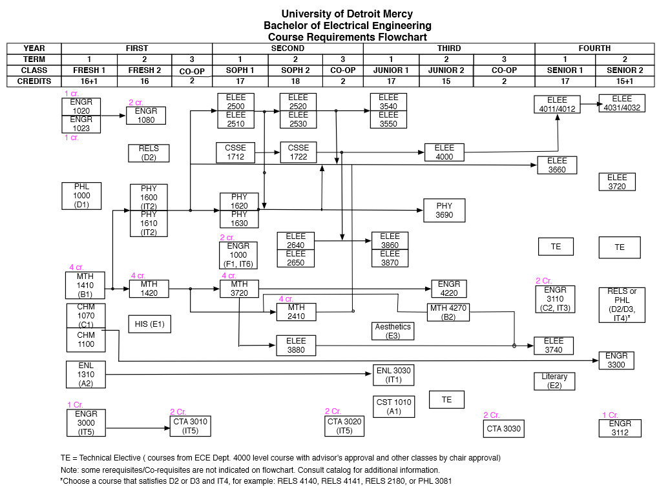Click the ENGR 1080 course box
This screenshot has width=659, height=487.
(x=146, y=116)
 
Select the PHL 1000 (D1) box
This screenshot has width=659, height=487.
(x=81, y=196)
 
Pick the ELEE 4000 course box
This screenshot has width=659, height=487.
(x=445, y=152)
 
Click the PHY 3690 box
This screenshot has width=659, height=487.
(x=444, y=211)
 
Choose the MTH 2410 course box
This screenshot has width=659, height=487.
(x=296, y=312)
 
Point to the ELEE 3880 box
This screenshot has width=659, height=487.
(x=296, y=345)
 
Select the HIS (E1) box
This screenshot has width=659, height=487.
(x=149, y=324)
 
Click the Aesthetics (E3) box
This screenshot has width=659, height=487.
(x=393, y=331)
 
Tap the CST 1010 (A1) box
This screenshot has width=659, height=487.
(x=393, y=406)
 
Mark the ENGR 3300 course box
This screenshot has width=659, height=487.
(x=616, y=360)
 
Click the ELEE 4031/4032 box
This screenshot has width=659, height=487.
(x=622, y=103)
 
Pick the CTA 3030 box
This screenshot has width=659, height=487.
(x=503, y=428)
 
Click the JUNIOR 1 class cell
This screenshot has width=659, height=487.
(x=391, y=70)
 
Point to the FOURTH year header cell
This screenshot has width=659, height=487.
(x=594, y=48)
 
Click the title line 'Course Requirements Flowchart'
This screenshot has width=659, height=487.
(x=348, y=37)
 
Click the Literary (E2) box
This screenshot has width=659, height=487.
(x=554, y=381)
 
